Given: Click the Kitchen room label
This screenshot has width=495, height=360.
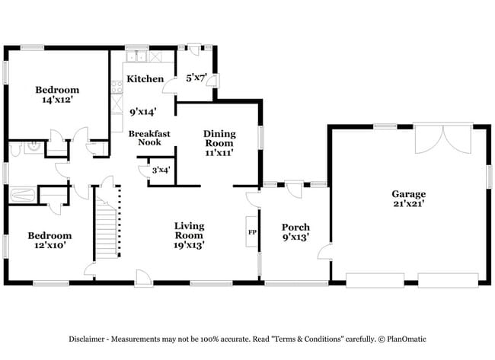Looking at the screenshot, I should point(145,79).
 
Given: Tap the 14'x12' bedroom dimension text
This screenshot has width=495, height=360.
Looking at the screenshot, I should point(57,100).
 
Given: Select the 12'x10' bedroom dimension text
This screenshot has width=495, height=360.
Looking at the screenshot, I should point(50,246).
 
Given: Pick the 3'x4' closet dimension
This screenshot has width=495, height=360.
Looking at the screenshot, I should point(160,170).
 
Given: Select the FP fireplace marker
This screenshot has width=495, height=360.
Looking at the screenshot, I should point(251,232).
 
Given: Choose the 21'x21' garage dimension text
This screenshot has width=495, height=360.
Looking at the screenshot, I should point(409,205).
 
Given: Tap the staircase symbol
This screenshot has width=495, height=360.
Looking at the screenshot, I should point(107,225).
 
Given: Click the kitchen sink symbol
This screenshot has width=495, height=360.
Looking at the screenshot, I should point(136,56).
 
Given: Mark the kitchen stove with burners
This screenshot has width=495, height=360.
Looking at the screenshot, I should point(117,88).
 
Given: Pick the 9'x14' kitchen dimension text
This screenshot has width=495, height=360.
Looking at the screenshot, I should point(143,111).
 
